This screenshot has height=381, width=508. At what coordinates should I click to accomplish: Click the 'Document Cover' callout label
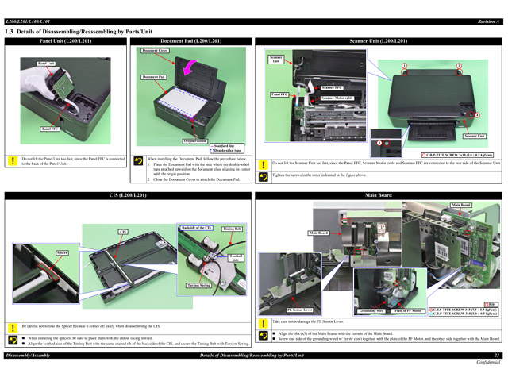point(155,51)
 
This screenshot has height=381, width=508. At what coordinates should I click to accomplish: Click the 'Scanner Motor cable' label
point(337,98)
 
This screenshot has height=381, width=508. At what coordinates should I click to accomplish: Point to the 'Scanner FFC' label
point(332,87)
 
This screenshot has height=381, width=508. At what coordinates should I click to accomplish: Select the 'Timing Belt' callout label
point(233,228)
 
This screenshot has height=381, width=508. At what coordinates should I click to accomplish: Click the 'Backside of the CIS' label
point(197,228)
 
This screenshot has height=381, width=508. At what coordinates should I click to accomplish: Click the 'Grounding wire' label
point(371,310)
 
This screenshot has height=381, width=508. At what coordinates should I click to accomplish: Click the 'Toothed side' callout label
point(236,258)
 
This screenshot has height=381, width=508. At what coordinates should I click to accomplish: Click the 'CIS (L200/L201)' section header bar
point(127,194)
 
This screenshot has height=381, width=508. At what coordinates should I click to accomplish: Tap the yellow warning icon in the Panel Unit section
point(11,160)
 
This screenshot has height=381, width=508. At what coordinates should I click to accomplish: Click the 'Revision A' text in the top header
point(488,21)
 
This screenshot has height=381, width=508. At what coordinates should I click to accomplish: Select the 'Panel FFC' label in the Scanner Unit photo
point(279,94)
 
